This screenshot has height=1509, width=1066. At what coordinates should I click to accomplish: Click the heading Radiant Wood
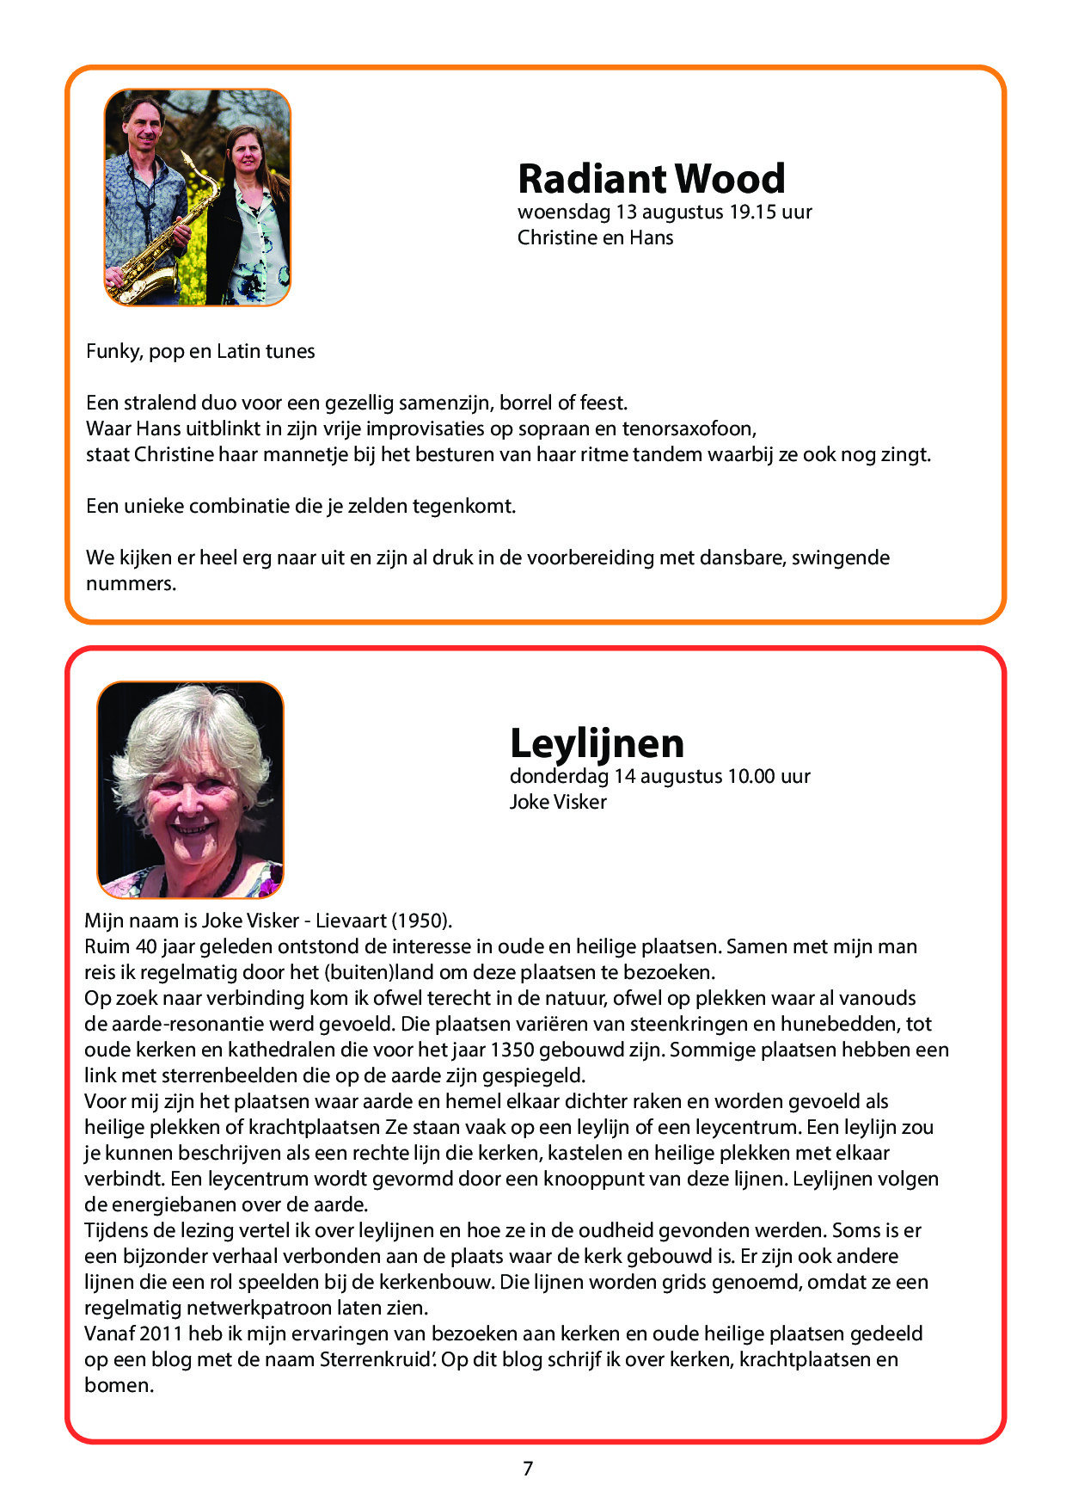pyautogui.click(x=651, y=179)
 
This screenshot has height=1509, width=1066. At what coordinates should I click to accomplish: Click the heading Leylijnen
pyautogui.click(x=597, y=743)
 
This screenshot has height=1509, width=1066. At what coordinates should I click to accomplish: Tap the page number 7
pyautogui.click(x=528, y=1469)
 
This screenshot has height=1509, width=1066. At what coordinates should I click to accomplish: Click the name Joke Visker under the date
pyautogui.click(x=558, y=802)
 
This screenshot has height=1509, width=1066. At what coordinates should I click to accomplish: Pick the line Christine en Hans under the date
pyautogui.click(x=595, y=237)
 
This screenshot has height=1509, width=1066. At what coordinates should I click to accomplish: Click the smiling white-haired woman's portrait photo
pyautogui.click(x=190, y=790)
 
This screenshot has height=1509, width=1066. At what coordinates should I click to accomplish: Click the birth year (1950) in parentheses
pyautogui.click(x=421, y=921)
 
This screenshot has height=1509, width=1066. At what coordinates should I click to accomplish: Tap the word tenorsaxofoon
pyautogui.click(x=689, y=428)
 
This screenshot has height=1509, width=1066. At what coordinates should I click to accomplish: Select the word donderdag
pyautogui.click(x=560, y=776)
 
